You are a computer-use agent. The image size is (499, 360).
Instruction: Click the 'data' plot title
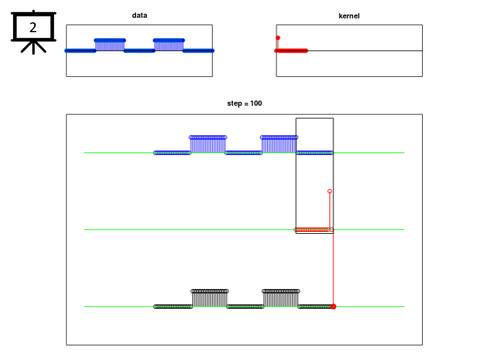[139, 15]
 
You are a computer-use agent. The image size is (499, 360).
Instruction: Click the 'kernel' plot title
[349, 16]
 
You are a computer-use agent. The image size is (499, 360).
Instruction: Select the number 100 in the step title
[256, 103]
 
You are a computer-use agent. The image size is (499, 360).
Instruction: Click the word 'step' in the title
[235, 104]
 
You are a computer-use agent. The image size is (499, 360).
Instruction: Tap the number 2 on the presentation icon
[33, 28]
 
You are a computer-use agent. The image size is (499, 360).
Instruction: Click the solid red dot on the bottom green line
[333, 307]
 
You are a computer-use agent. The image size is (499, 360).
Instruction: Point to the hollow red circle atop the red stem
[329, 191]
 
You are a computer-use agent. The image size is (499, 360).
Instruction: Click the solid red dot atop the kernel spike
[278, 38]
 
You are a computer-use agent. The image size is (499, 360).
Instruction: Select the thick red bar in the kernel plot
[291, 51]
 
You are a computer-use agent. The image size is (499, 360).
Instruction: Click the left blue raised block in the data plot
[110, 45]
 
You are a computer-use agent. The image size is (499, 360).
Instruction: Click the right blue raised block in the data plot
[169, 45]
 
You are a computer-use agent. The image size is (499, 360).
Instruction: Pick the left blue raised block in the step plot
[208, 145]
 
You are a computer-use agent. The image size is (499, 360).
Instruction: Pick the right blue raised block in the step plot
[279, 145]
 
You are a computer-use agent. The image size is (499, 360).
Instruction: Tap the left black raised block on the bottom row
[210, 298]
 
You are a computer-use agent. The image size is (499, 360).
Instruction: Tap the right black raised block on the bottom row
[281, 298]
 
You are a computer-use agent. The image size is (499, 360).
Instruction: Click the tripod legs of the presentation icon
[34, 47]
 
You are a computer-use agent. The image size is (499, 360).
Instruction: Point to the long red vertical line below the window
[333, 268]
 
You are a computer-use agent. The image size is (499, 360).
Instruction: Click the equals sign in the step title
[246, 104]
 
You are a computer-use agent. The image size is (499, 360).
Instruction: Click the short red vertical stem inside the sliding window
[329, 210]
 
